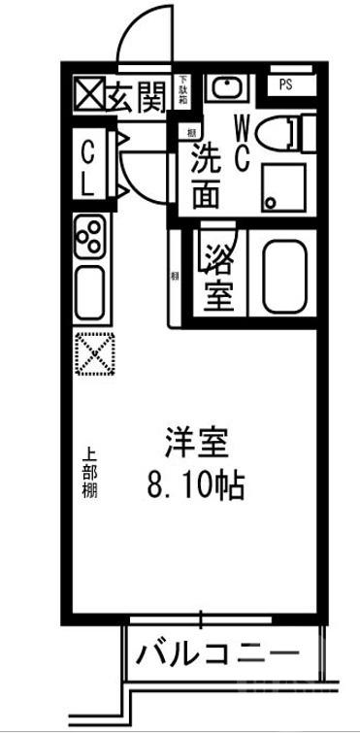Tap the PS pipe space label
(285, 84)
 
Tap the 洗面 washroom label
(205, 175)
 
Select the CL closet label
(87, 167)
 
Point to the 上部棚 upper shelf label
(87, 472)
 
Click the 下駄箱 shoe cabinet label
(182, 90)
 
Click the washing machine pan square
(282, 187)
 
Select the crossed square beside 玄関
(90, 95)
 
